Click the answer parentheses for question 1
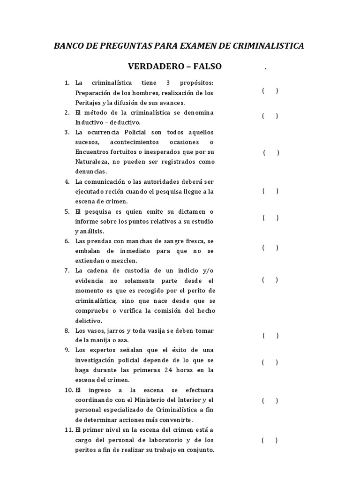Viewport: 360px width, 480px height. click(270, 91)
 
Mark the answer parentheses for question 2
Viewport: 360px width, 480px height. click(270, 116)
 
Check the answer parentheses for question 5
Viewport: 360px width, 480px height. click(270, 217)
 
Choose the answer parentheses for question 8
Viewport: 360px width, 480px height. click(270, 335)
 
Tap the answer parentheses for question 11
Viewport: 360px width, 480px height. click(270, 440)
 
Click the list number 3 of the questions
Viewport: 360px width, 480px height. click(67, 132)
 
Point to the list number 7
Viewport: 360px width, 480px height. click(67, 270)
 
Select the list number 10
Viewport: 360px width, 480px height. click(67, 390)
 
